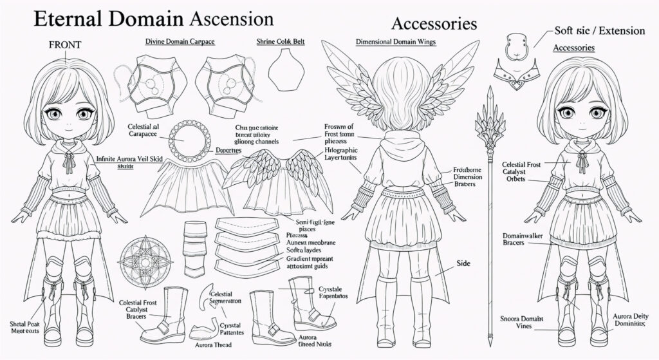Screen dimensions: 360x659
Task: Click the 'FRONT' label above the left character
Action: pos(64,45)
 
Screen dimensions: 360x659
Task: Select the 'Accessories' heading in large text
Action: pos(434,24)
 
